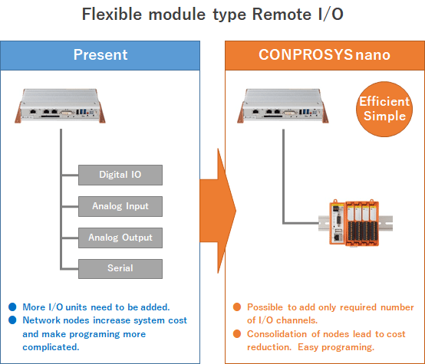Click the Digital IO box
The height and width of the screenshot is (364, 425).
(x=120, y=175)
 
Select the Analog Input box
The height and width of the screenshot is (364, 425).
(x=120, y=206)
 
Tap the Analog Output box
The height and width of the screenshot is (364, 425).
(x=120, y=238)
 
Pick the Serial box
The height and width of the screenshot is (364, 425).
(x=120, y=269)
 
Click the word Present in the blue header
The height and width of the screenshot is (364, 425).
(x=100, y=54)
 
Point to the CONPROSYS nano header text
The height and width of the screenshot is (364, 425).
(x=325, y=54)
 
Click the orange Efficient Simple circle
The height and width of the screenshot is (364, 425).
(x=384, y=109)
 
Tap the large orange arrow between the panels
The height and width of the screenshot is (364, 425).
(x=218, y=211)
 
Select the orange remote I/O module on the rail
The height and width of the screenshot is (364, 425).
(x=354, y=223)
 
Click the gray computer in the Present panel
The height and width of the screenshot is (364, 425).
(x=60, y=106)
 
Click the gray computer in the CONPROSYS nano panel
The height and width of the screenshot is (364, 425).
(x=283, y=106)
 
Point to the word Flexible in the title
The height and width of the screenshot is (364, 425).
(x=112, y=14)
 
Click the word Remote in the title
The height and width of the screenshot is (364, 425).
(x=282, y=14)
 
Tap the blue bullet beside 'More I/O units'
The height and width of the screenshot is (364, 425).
(x=12, y=307)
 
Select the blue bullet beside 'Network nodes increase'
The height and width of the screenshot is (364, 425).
(x=12, y=320)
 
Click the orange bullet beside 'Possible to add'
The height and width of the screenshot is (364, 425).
(x=237, y=307)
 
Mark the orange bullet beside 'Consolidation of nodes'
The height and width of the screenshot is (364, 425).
(x=237, y=333)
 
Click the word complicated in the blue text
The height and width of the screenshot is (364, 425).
(x=51, y=347)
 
